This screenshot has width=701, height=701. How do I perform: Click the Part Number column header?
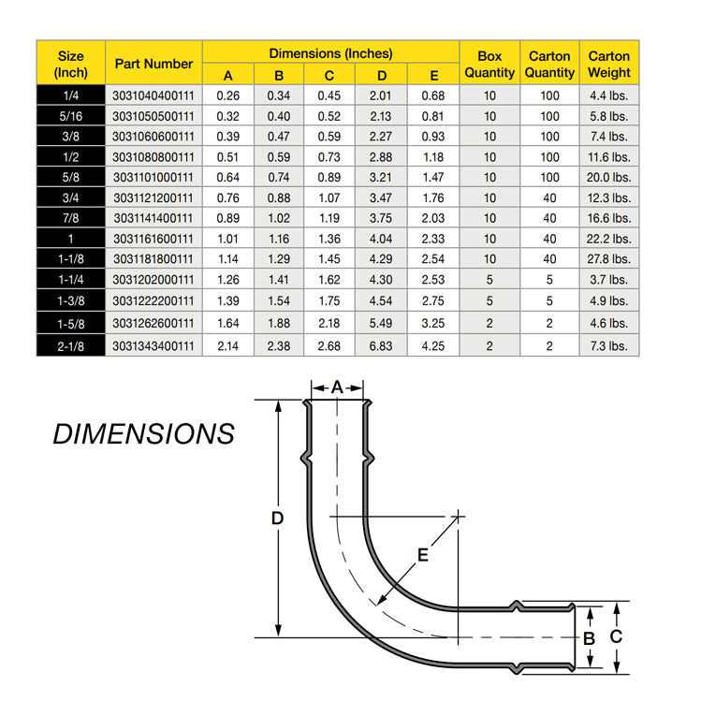[153, 64]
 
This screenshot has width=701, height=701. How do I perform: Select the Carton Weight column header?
[608, 64]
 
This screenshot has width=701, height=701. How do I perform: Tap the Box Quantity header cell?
[489, 64]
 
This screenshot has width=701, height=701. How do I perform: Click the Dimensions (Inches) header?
[330, 53]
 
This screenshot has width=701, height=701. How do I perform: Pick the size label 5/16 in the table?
[71, 116]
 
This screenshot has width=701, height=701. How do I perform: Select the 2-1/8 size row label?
[71, 345]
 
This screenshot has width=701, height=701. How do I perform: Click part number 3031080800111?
[153, 157]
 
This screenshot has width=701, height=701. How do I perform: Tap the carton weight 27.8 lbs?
[608, 259]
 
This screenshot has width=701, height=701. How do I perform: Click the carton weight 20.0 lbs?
[608, 177]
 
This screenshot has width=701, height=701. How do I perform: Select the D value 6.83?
[381, 345]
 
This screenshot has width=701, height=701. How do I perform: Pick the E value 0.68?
[432, 95]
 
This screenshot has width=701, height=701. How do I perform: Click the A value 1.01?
[228, 239]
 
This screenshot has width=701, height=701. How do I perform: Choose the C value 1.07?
[329, 197]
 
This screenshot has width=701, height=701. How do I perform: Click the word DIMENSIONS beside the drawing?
[143, 434]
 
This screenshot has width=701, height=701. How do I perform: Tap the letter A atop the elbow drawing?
[337, 387]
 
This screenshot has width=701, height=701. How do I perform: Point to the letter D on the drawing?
[277, 518]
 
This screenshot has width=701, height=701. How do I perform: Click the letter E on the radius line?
[422, 555]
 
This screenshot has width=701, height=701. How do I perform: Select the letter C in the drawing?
[616, 637]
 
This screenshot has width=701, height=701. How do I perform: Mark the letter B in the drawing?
[589, 638]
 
